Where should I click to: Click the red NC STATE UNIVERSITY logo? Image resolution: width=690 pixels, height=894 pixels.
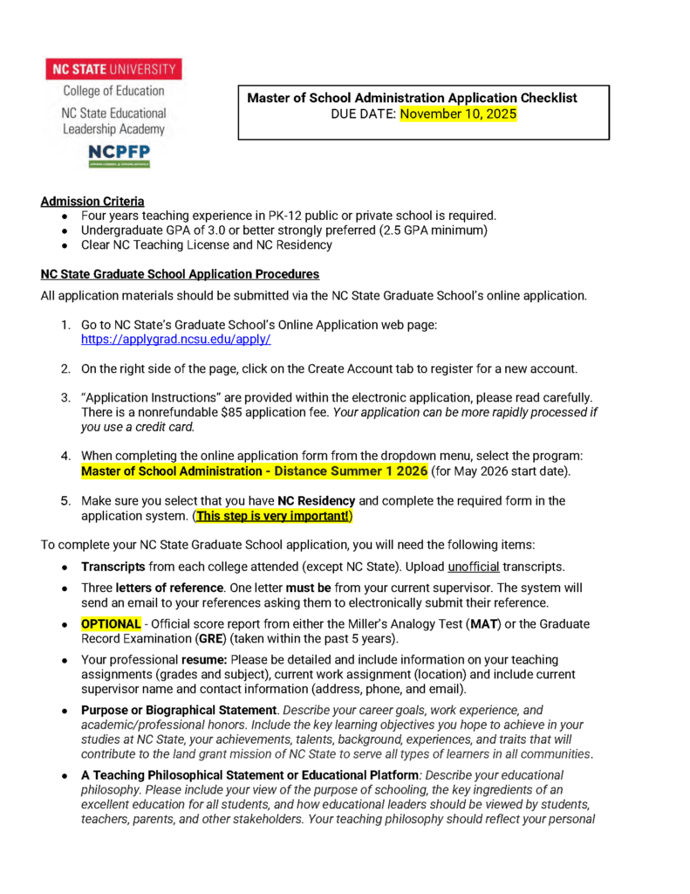pyautogui.click(x=113, y=69)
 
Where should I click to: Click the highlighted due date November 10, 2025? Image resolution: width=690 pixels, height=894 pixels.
pyautogui.click(x=459, y=114)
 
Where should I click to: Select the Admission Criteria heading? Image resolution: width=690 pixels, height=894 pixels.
pyautogui.click(x=92, y=202)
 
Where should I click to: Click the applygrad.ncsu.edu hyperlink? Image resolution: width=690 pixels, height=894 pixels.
pyautogui.click(x=175, y=339)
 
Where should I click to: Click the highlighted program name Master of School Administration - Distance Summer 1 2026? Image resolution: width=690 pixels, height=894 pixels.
pyautogui.click(x=254, y=472)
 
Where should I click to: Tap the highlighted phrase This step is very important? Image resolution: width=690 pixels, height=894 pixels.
pyautogui.click(x=273, y=516)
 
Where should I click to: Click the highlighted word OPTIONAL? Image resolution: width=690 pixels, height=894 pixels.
pyautogui.click(x=111, y=624)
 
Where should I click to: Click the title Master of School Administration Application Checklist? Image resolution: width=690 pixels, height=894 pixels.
pyautogui.click(x=412, y=98)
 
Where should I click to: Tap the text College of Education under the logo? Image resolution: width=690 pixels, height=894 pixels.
pyautogui.click(x=113, y=91)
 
